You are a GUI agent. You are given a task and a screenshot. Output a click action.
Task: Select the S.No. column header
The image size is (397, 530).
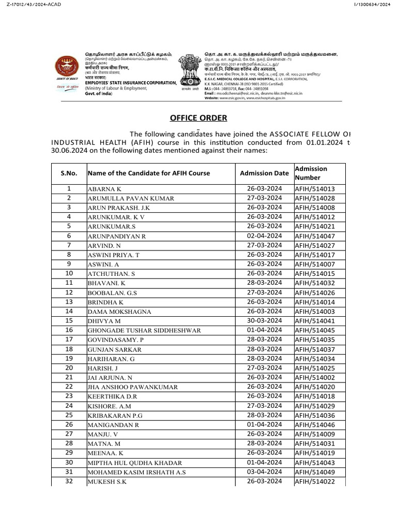coord(69,173)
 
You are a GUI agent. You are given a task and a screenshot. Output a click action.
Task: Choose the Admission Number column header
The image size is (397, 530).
coord(311,173)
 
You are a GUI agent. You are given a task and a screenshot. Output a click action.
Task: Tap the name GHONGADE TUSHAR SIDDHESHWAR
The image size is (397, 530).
coord(144,331)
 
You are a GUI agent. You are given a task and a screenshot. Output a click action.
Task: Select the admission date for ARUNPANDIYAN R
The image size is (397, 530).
coord(264,235)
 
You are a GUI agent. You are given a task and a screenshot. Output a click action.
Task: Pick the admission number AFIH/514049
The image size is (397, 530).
coord(315,472)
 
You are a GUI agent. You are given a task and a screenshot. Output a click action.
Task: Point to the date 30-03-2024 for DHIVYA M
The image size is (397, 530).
coord(264,320)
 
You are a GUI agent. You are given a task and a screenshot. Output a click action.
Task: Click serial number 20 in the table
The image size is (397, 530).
coord(69,367)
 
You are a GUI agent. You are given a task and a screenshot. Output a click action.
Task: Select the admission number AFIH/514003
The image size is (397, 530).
coord(315,311)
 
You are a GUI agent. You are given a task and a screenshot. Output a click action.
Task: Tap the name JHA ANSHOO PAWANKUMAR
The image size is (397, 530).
coord(133,387)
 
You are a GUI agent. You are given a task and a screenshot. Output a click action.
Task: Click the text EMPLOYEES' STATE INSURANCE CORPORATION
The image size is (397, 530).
coord(130,83)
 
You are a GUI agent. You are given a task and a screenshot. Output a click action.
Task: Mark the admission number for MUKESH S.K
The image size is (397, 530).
coord(315,481)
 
